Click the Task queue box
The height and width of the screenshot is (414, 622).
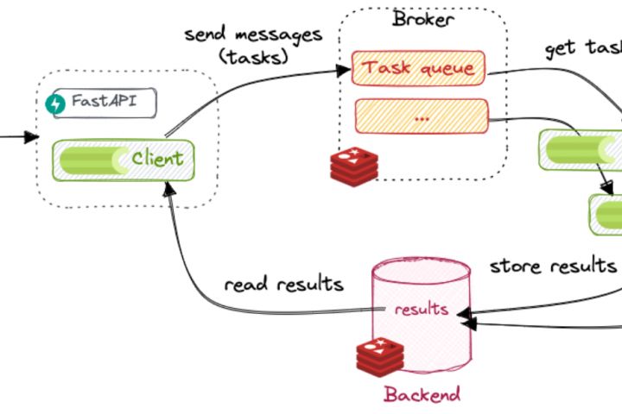point(418,67)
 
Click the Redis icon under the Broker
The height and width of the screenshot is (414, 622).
point(351,164)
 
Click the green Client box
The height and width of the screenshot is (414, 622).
point(123,159)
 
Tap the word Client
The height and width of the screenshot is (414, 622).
point(157,159)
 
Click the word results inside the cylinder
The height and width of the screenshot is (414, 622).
point(421,309)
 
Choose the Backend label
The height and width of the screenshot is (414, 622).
point(422,395)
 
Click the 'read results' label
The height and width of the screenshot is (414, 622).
point(283,285)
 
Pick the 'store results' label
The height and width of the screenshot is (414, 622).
point(553,265)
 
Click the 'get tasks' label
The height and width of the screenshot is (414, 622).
point(583,47)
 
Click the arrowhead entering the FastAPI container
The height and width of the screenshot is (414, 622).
point(32,137)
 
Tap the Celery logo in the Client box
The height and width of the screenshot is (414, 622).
point(92,159)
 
